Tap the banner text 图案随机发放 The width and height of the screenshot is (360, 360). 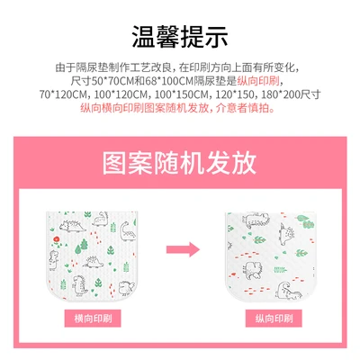coord(180,166)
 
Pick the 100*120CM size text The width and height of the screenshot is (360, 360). coord(130,94)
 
